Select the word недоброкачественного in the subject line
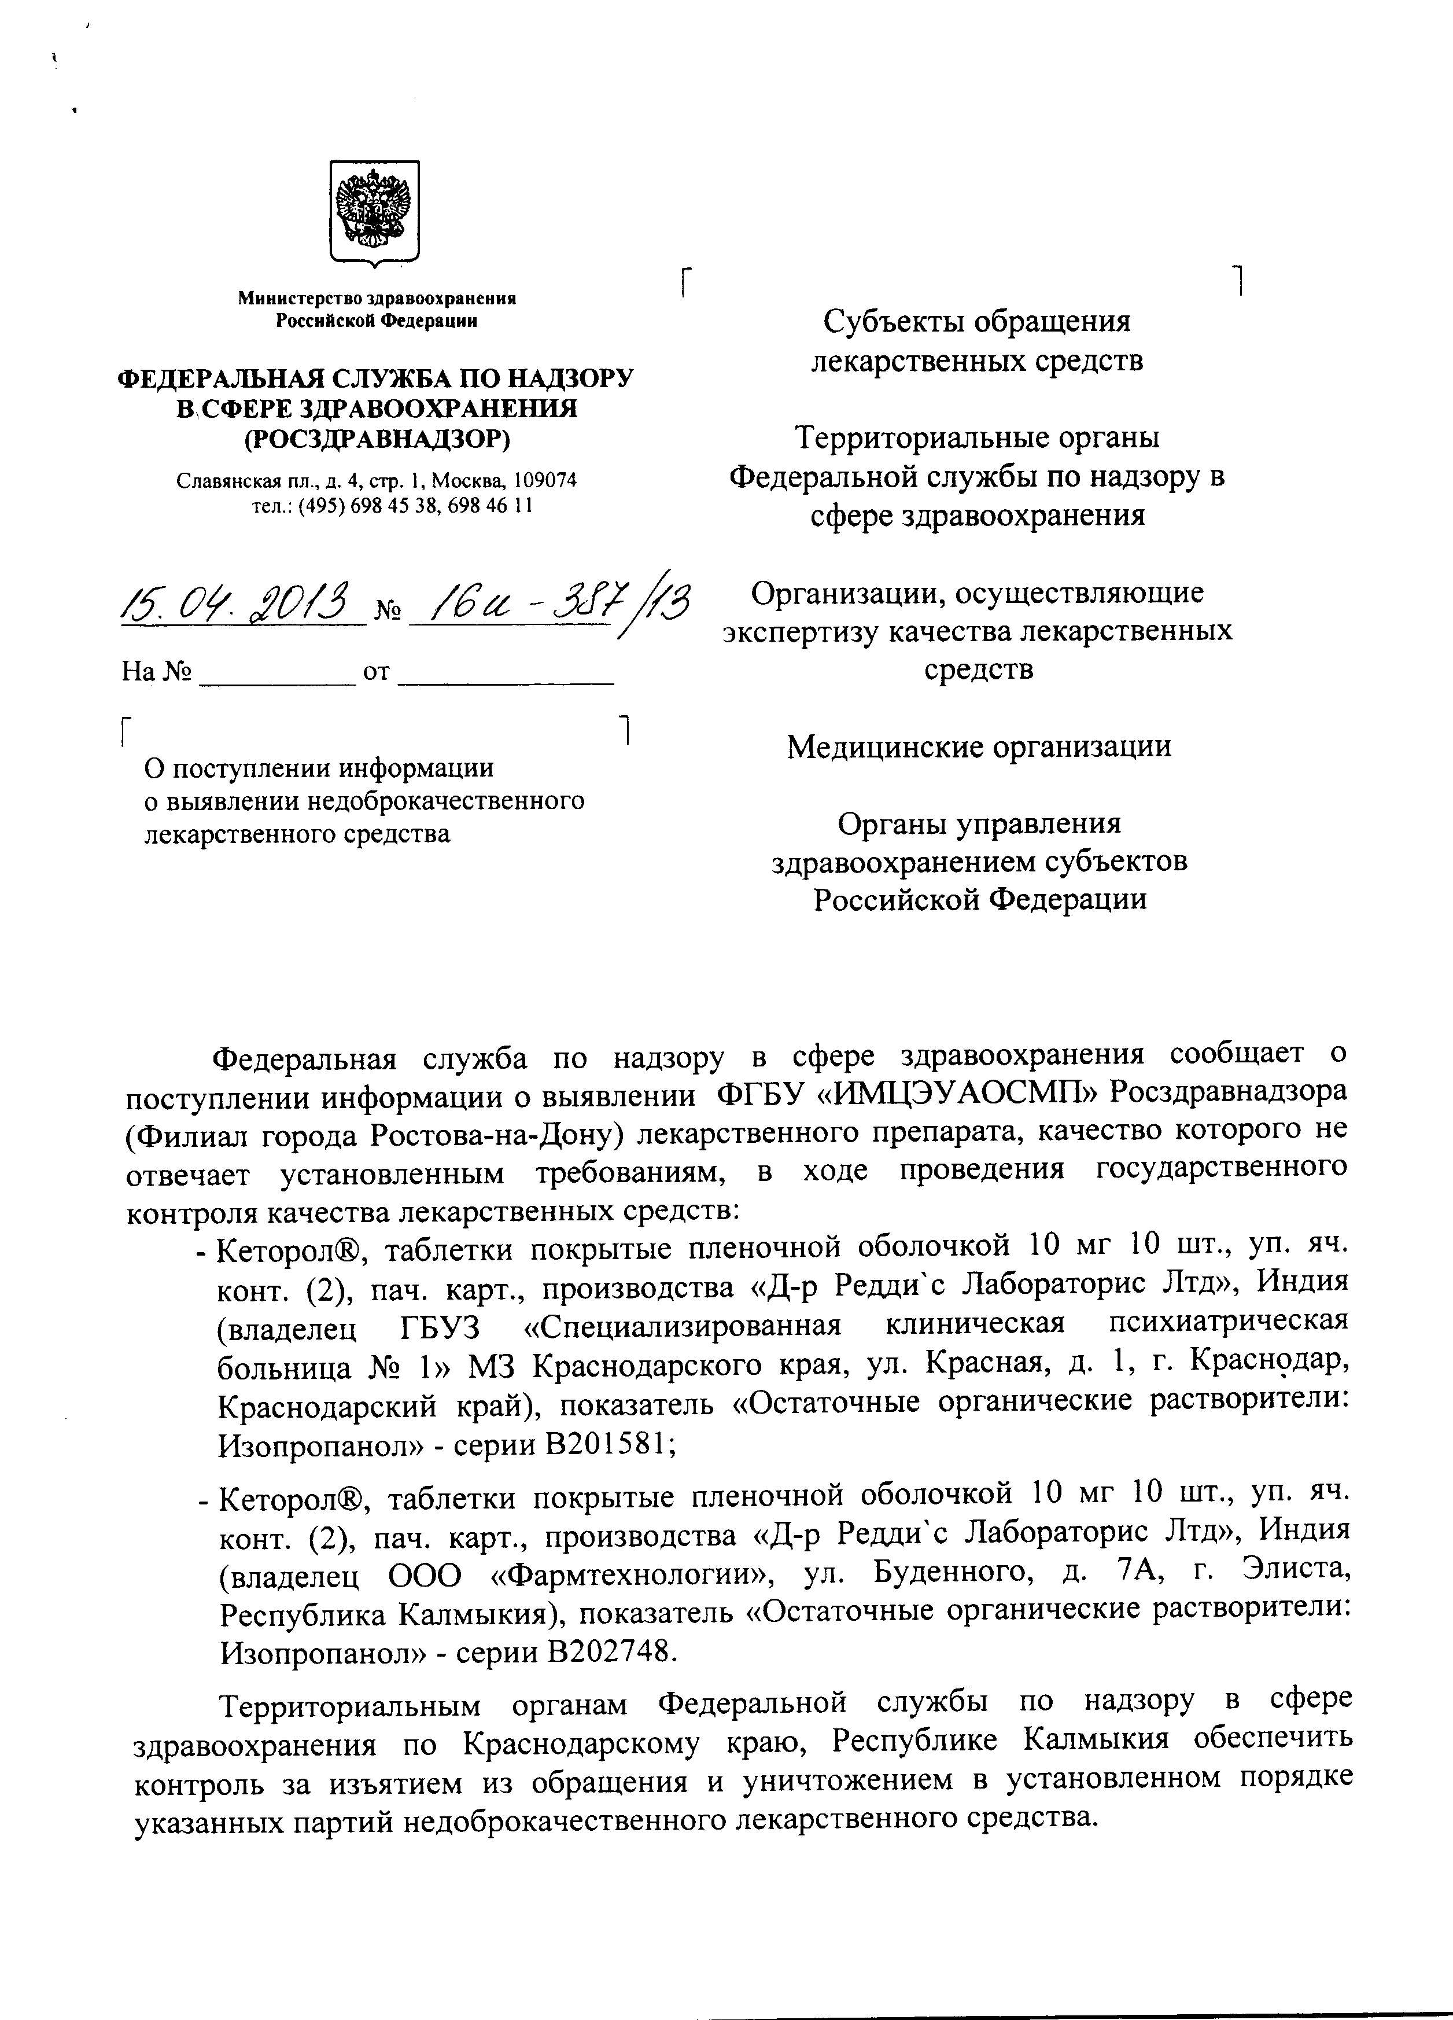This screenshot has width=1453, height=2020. pyautogui.click(x=445, y=801)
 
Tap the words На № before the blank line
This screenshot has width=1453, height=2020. pyautogui.click(x=157, y=671)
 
